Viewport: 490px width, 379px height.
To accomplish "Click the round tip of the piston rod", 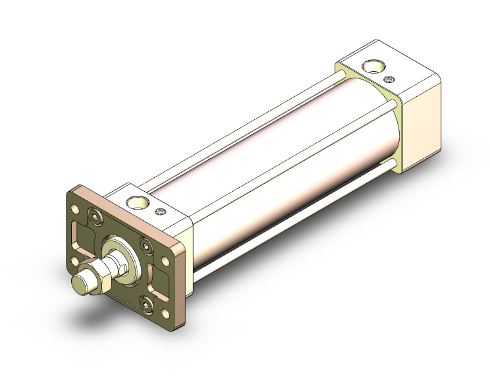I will tap(80, 285).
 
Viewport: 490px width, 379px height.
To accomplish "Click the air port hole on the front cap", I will tap(139, 202).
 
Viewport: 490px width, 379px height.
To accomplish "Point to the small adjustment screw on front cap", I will tap(161, 212).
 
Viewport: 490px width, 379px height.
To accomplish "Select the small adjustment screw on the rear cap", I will tap(389, 80).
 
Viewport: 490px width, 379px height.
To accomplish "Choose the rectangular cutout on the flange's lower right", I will tap(162, 277).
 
